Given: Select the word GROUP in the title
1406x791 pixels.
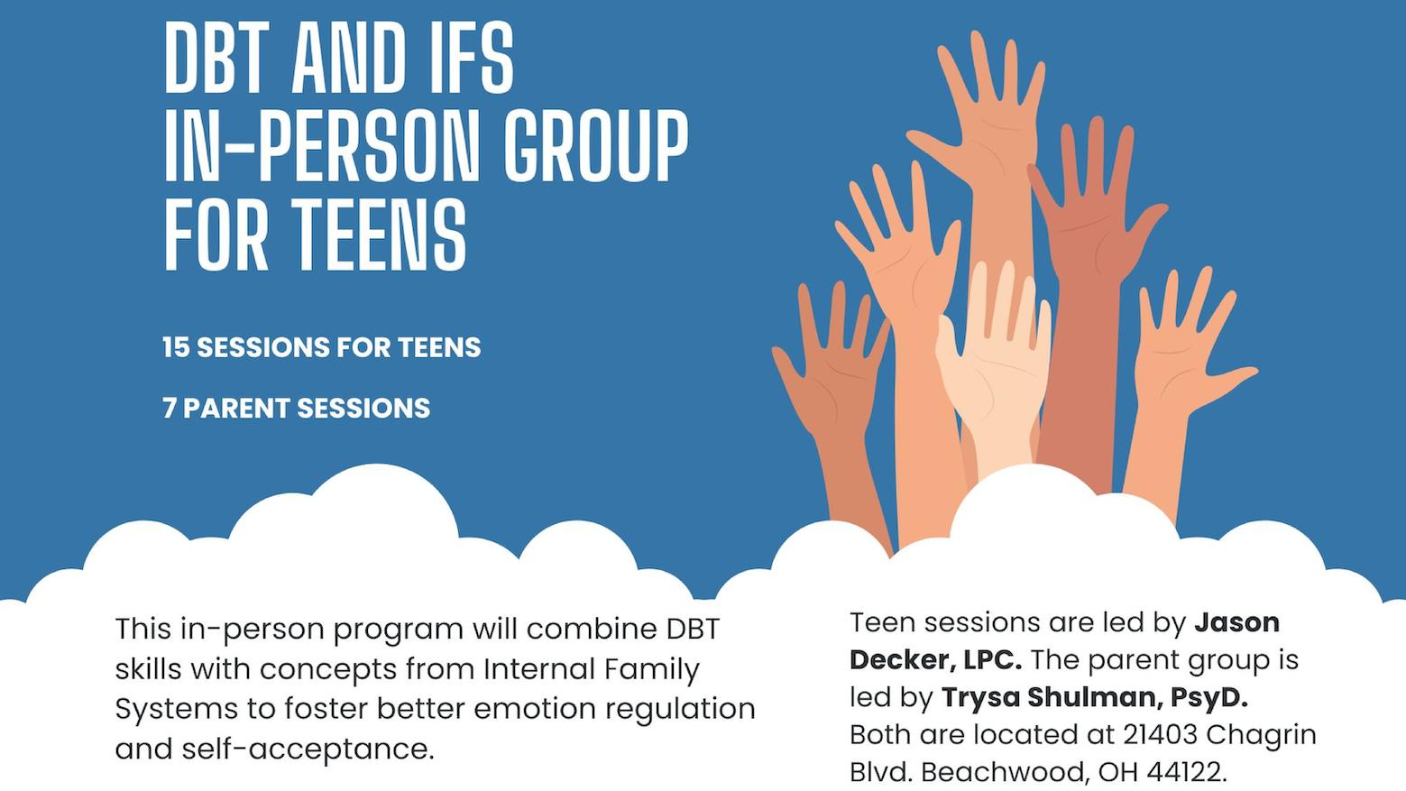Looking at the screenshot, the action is coord(596,145).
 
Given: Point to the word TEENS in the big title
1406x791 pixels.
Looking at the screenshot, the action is coord(379,235).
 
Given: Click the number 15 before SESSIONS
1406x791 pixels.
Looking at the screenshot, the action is coord(176,347).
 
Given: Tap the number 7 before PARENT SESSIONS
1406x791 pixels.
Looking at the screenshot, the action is coord(169,408).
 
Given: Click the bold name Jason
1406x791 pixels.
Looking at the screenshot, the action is coord(1236,622).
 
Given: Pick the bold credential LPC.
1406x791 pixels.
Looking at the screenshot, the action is coord(992,660).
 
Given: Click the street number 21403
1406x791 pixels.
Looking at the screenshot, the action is coord(1160,734).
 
